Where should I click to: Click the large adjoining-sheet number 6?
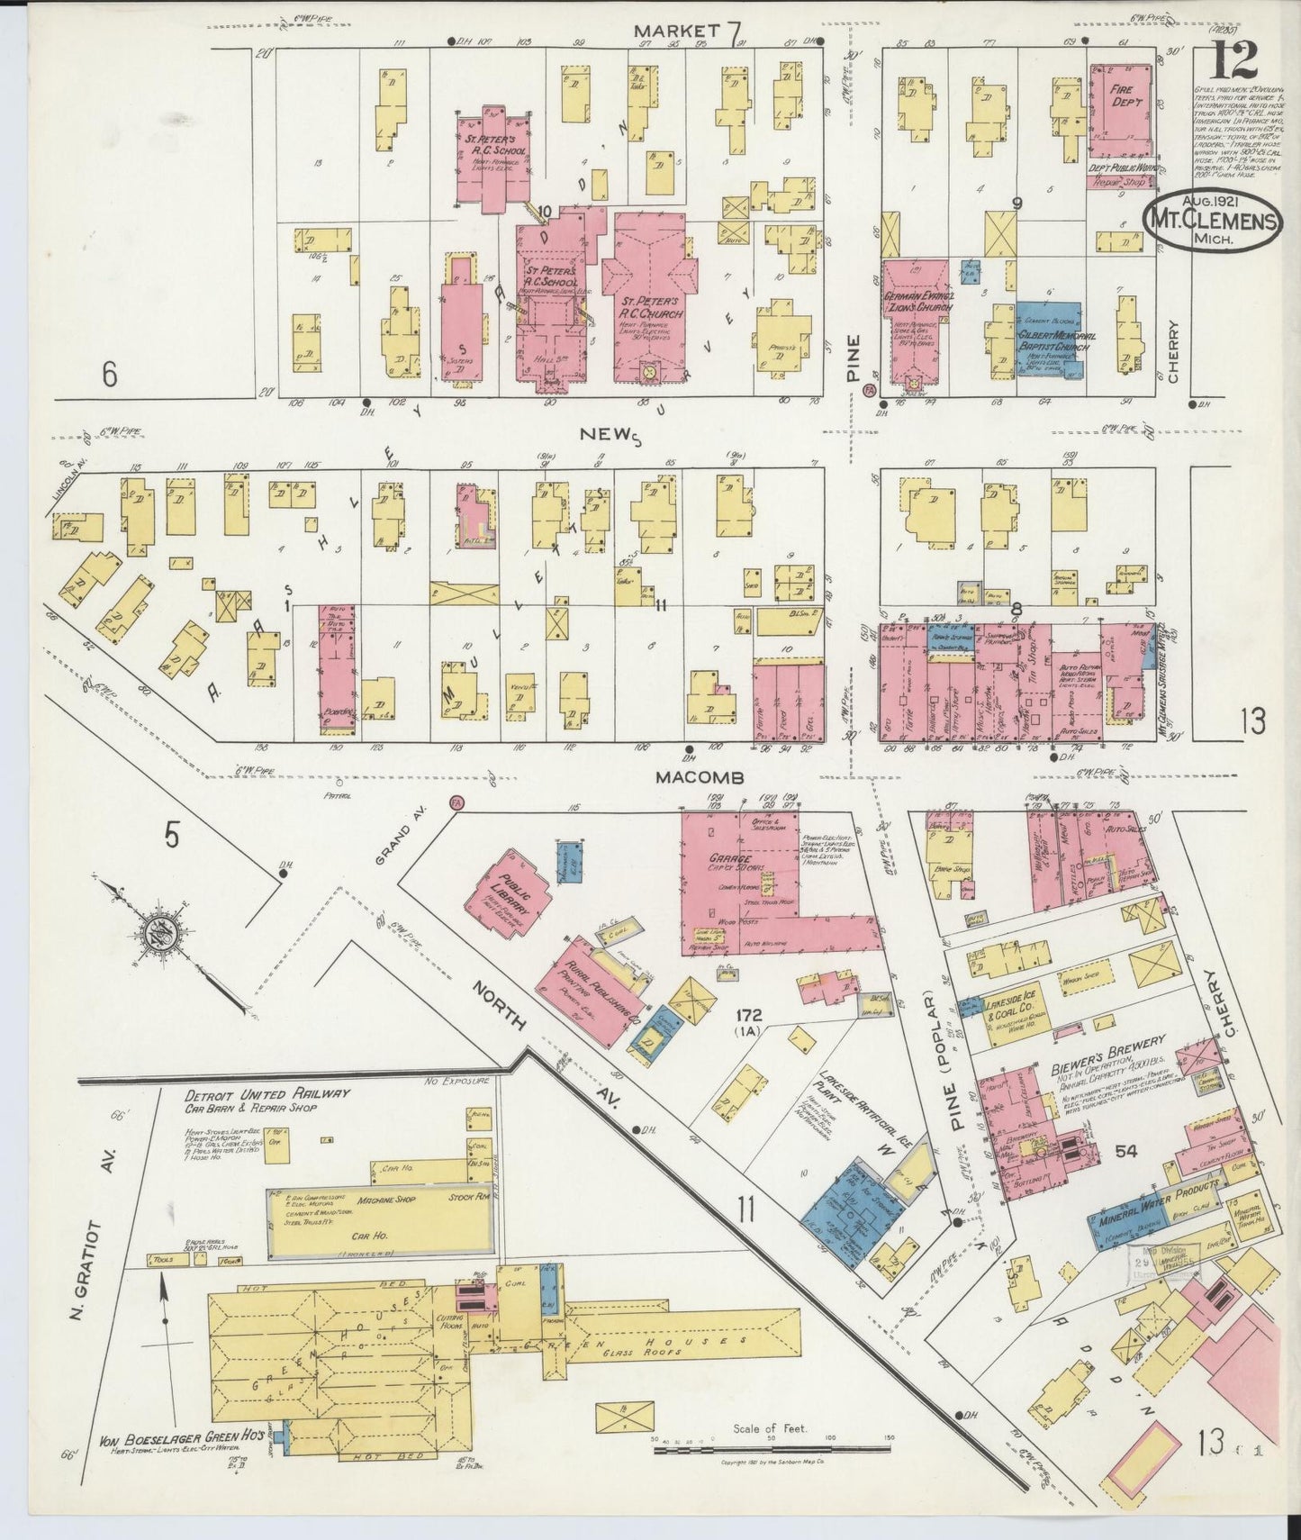pyautogui.click(x=109, y=374)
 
